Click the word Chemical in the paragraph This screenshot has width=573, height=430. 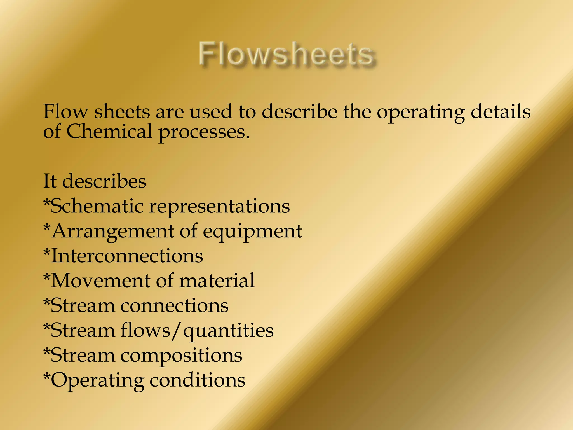[x=109, y=132]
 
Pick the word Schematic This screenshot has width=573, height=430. [x=97, y=206]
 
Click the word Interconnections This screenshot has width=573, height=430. [x=127, y=256]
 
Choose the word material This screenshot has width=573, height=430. [x=217, y=281]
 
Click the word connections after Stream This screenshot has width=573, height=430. [x=174, y=305]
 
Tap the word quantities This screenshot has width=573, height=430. [x=228, y=331]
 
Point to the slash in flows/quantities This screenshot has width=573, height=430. [x=177, y=331]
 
